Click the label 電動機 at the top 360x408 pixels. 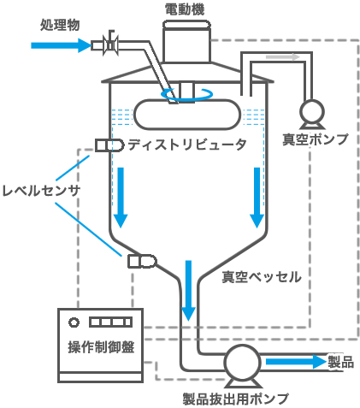(185, 9)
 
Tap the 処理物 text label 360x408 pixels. (60, 25)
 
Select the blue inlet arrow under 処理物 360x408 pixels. (61, 45)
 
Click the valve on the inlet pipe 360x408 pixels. (110, 44)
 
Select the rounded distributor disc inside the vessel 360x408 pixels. (187, 115)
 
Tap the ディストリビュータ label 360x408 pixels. (187, 145)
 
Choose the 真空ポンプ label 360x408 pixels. (316, 139)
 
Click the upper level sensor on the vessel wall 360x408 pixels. (109, 145)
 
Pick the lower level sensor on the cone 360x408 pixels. (142, 261)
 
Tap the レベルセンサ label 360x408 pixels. (41, 191)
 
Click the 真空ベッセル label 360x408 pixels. (262, 276)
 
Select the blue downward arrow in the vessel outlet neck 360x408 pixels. (188, 290)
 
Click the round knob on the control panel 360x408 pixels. (74, 322)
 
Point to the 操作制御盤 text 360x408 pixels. (101, 347)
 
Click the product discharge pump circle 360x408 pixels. (242, 363)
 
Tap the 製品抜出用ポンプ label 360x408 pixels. (236, 399)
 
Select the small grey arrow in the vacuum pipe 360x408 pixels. (283, 57)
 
